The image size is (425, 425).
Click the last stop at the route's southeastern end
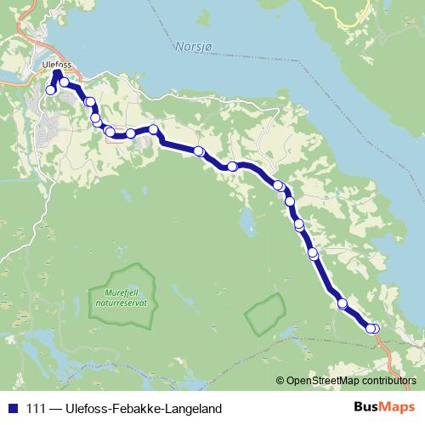pos(374,329)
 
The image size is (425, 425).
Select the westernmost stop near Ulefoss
pos(51,90)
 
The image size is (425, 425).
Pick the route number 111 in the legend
pos(37,409)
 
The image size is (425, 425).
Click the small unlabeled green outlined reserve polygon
pos(264,314)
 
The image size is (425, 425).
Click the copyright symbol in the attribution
pos(280,380)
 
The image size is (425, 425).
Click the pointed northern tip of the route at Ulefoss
pos(57,73)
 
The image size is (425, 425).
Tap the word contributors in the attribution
pos(386,380)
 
